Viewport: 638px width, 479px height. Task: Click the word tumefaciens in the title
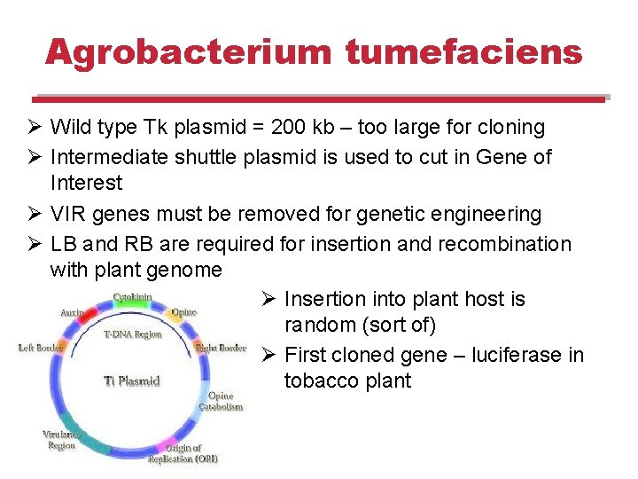(463, 52)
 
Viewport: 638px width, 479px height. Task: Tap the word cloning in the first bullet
(510, 128)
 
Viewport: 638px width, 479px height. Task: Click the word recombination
(510, 243)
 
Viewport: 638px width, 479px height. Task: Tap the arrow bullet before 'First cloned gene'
(270, 355)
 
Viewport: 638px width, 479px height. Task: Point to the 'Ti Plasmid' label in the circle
(132, 381)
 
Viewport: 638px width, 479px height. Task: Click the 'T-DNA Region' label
(132, 335)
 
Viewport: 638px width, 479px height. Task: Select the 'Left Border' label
(40, 349)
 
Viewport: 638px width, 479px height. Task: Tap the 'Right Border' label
(221, 349)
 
